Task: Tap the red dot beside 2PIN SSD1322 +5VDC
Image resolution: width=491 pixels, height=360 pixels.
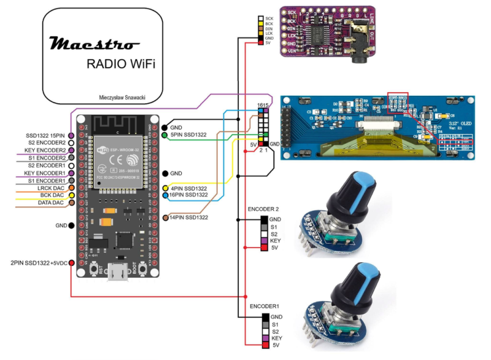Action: (x=72, y=263)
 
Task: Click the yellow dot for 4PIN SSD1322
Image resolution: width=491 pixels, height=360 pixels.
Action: (x=166, y=188)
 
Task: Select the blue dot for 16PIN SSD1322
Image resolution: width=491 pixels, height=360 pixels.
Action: (x=166, y=195)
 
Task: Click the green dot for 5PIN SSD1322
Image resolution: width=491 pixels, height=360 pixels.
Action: (x=165, y=135)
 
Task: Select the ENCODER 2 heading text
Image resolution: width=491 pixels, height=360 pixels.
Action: (x=265, y=209)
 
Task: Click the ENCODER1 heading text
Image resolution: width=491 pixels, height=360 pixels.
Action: (x=264, y=305)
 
